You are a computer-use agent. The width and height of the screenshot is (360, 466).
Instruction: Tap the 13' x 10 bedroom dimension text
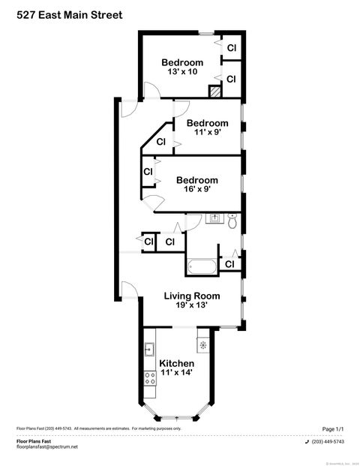point(182,72)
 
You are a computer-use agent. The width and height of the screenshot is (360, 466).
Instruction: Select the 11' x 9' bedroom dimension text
point(207,133)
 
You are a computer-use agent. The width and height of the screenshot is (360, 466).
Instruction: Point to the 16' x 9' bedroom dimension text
point(196,190)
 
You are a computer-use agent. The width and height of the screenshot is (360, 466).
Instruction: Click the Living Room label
point(192,296)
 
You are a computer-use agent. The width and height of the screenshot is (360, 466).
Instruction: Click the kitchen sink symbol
point(149,348)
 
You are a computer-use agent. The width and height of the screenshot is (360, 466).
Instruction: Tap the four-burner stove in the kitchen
point(149,384)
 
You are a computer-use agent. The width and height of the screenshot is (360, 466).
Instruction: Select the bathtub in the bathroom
point(202,266)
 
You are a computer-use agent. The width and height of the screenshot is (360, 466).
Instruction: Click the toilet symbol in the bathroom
point(232,221)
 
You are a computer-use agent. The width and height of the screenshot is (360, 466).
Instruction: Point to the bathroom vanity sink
point(214,219)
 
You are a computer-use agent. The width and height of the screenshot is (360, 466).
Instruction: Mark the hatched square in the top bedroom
point(214,91)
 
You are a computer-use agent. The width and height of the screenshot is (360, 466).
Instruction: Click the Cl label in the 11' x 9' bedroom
point(160,142)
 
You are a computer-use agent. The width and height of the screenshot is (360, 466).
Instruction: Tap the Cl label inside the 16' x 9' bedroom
point(148,172)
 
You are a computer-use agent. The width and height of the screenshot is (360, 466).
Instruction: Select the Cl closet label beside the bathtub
point(229,264)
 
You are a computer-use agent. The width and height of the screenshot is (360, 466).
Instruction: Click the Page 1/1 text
point(332,428)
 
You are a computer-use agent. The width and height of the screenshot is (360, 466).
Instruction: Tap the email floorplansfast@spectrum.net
point(47,446)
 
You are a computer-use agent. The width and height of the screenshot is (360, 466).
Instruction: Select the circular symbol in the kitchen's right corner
point(202,345)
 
